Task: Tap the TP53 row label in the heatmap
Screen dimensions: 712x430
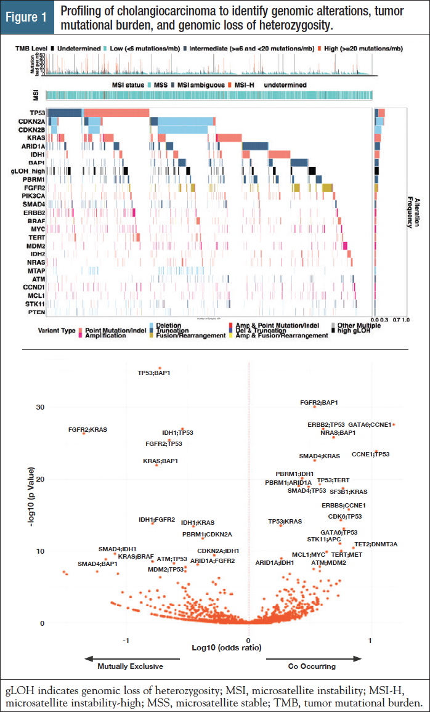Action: [x=36, y=113]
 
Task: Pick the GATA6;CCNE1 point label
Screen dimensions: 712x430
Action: [x=370, y=425]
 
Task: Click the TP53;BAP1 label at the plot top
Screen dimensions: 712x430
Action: [x=153, y=373]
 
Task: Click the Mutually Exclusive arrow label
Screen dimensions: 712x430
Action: [x=130, y=666]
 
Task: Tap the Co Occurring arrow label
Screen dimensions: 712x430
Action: [x=312, y=666]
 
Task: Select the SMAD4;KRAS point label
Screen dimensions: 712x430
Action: [x=319, y=456]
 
